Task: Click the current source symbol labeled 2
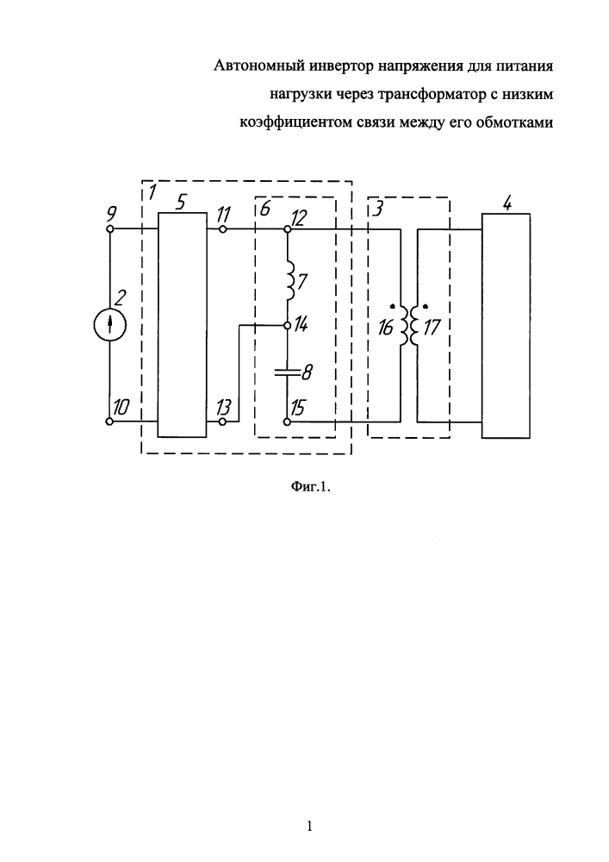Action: click(x=110, y=325)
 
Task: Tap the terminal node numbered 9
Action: click(x=109, y=228)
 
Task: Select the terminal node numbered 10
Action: click(x=109, y=422)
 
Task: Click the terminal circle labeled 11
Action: click(x=222, y=228)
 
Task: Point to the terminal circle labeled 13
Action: click(x=222, y=422)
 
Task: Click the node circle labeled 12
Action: click(x=287, y=228)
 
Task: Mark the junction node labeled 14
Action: click(x=287, y=326)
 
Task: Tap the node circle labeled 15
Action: click(x=287, y=422)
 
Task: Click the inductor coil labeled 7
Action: click(x=290, y=280)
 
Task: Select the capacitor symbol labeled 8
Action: click(x=287, y=372)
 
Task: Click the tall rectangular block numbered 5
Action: click(x=183, y=325)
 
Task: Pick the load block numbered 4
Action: click(x=506, y=326)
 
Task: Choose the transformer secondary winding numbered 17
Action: click(x=414, y=326)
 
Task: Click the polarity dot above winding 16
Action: click(x=392, y=306)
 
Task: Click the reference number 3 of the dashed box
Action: click(x=376, y=210)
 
